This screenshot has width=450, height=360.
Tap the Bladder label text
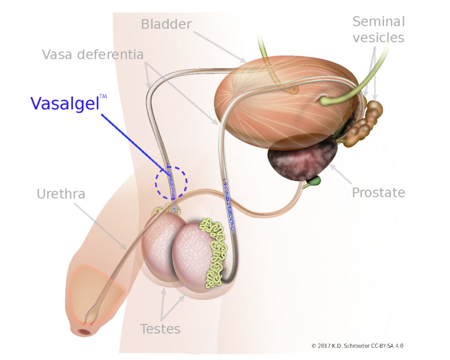tap(166, 24)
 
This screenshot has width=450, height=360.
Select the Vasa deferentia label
tap(93, 55)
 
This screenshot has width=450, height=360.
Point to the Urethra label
tap(61, 193)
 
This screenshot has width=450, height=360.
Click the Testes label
tap(160, 328)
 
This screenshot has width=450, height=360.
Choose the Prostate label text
tap(378, 193)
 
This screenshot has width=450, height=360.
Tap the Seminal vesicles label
tap(378, 29)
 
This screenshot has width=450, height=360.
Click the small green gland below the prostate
tap(315, 180)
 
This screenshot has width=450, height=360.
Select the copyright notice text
tap(357, 346)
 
